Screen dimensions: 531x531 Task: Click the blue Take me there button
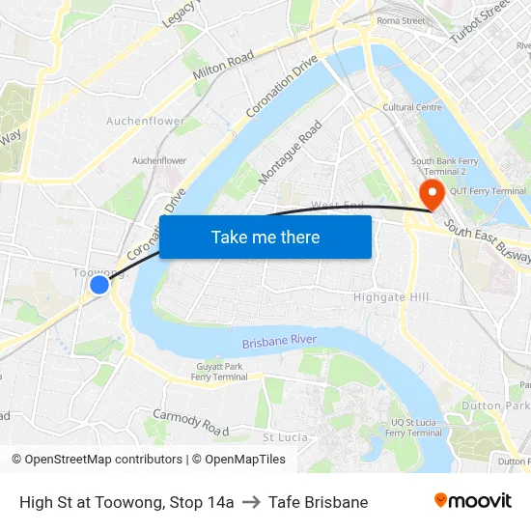(265, 237)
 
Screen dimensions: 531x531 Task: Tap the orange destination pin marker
(431, 193)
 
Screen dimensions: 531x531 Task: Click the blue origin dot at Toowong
(99, 284)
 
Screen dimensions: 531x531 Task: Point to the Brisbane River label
(280, 342)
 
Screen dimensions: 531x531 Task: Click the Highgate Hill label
(391, 297)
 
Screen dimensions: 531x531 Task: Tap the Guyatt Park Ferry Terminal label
(219, 372)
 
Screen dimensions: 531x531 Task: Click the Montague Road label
(290, 154)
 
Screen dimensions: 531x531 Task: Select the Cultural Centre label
(412, 107)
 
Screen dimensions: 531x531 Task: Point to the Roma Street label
(401, 20)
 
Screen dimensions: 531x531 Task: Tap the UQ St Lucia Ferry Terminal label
(415, 428)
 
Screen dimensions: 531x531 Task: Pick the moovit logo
(472, 500)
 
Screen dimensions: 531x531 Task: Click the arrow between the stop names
(251, 502)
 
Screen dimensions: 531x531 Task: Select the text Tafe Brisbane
(318, 502)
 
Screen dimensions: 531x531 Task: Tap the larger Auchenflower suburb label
(146, 122)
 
